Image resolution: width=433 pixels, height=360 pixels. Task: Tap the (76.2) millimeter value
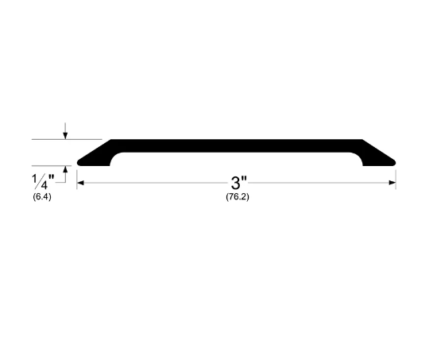(237, 197)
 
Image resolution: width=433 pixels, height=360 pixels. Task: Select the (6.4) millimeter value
(42, 195)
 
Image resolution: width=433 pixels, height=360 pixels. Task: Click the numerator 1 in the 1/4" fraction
(35, 176)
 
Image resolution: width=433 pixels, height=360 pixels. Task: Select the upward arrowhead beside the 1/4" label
(66, 170)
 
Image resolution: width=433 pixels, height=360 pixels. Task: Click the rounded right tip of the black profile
(394, 162)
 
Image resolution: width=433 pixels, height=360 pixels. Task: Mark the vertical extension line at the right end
(396, 178)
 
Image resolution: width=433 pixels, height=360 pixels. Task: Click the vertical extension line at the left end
(77, 178)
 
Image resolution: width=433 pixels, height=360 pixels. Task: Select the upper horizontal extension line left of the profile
(48, 140)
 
